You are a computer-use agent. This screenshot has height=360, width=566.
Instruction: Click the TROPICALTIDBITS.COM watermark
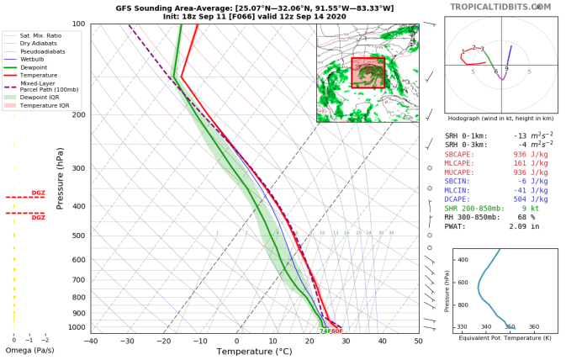click(501, 7)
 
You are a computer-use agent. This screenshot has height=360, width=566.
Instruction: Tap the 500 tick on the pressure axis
click(77, 236)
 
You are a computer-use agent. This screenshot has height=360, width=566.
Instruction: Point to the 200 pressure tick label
click(77, 115)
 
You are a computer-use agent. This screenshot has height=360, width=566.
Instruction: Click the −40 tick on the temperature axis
click(91, 341)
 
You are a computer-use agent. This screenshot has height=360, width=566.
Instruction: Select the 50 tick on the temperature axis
click(418, 341)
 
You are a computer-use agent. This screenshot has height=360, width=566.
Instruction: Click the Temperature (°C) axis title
click(254, 352)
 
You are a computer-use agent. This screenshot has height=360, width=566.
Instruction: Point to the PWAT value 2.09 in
click(526, 226)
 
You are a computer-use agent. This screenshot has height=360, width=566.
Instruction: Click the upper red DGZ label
click(38, 193)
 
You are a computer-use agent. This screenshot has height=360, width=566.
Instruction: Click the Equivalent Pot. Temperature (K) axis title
click(501, 336)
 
